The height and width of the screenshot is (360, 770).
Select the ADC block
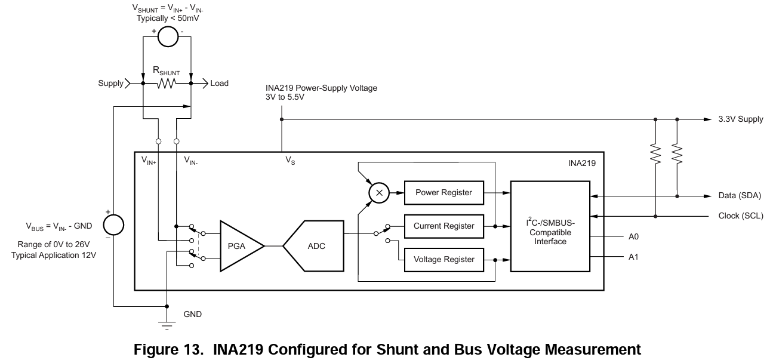[x=315, y=246]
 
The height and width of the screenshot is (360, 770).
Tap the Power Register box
[x=443, y=192]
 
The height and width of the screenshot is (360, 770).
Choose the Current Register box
[x=443, y=226]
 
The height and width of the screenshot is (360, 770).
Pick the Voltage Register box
[x=443, y=259]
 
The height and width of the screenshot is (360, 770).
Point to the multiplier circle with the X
[x=377, y=192]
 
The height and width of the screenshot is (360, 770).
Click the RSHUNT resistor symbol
[x=167, y=83]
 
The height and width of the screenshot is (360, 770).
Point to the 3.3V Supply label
[x=741, y=119]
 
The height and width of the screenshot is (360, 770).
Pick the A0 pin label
[x=634, y=236]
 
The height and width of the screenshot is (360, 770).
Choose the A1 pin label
[x=634, y=257]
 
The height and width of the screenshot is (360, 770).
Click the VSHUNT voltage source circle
[x=167, y=37]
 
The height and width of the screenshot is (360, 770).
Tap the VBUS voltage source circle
[x=113, y=224]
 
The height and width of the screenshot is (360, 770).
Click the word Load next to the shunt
[x=219, y=84]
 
